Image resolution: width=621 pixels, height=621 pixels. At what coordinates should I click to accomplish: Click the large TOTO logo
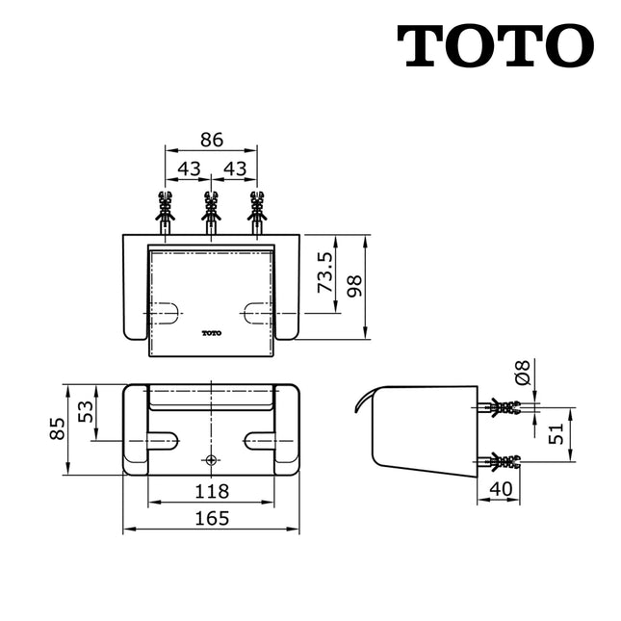click(495, 45)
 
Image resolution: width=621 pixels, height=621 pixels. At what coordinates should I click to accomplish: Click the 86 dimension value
click(211, 140)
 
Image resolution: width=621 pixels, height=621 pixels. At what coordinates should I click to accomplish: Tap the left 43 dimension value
click(189, 168)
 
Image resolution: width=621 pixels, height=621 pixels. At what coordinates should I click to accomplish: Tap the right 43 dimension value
click(234, 168)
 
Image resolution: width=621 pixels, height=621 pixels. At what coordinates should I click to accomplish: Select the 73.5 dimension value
click(325, 272)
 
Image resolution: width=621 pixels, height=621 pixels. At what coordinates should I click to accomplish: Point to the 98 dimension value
click(355, 285)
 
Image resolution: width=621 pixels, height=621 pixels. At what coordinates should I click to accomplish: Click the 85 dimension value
click(57, 429)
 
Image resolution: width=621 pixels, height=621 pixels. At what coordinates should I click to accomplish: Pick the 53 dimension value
click(87, 412)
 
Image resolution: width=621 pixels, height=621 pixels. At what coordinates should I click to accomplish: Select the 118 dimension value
click(211, 490)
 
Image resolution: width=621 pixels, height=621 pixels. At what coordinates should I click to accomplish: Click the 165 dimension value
click(211, 518)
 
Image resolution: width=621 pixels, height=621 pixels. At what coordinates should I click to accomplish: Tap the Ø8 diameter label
click(522, 373)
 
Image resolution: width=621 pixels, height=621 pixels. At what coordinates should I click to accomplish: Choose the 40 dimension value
click(499, 490)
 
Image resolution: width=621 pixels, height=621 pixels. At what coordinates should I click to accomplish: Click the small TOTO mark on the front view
click(211, 334)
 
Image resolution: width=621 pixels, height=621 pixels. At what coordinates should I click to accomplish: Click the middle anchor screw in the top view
click(211, 212)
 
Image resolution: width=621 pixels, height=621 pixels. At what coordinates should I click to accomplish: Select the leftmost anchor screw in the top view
click(166, 212)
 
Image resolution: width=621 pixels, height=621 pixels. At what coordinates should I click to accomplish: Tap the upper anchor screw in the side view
click(503, 407)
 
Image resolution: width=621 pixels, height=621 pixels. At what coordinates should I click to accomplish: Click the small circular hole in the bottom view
click(211, 459)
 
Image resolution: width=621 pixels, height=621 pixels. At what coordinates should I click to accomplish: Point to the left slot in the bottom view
click(163, 441)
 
